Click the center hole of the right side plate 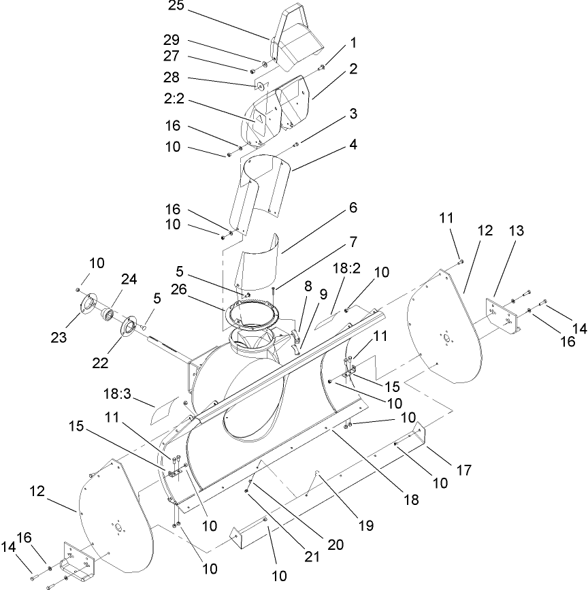coord(446,338)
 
